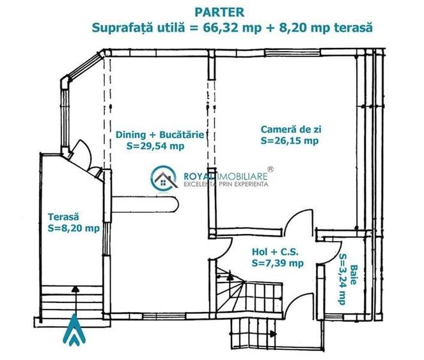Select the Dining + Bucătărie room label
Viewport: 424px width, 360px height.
[x=160, y=135]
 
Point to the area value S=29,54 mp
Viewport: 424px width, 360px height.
[x=157, y=145]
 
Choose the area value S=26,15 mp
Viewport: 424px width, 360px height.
[x=289, y=140]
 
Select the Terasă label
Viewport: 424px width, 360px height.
[x=63, y=217]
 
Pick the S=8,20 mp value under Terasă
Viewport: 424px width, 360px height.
[x=74, y=228]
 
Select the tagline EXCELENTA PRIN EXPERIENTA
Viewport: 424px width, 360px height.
[x=226, y=184]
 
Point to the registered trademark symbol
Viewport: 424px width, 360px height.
[x=271, y=169]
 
